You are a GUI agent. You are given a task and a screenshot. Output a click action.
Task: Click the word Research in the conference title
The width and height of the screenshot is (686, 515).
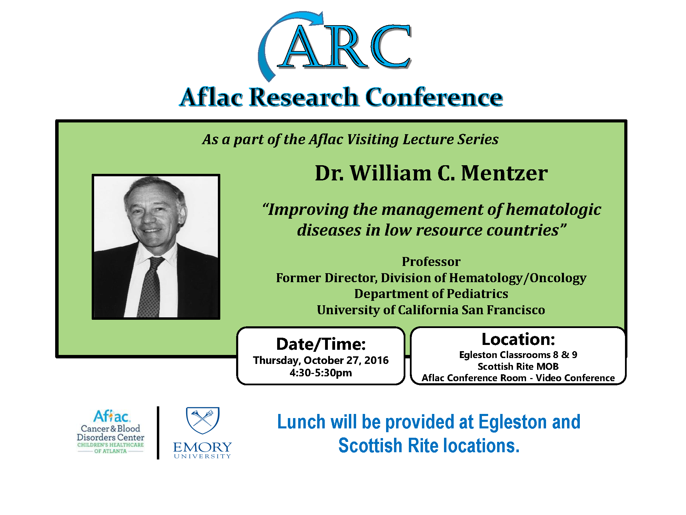pos(304,97)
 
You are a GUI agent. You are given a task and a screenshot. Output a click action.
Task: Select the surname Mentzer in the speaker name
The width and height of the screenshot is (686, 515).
pos(504,173)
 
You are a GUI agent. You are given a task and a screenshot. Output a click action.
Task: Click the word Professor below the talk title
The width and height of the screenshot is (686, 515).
pos(431,261)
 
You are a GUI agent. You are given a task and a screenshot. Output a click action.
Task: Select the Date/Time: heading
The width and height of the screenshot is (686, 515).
pos(321,344)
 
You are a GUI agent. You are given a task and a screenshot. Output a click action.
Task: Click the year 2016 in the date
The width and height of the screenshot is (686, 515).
pos(376,360)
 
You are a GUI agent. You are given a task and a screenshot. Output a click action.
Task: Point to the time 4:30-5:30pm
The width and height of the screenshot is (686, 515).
pos(321,373)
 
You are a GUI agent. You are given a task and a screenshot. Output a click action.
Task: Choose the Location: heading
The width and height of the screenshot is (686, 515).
pos(518,339)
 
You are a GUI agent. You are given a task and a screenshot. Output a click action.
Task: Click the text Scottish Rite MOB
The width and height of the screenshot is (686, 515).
pos(518,366)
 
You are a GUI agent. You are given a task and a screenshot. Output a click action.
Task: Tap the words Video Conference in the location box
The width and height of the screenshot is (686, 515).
pos(575,378)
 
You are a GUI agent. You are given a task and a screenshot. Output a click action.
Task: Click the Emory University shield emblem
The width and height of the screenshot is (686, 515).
pos(203,420)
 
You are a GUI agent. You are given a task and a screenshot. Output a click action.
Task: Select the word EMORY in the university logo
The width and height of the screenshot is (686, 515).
pos(202,447)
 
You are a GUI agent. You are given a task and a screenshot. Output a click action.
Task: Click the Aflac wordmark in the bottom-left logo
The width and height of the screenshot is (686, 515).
pos(112,416)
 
